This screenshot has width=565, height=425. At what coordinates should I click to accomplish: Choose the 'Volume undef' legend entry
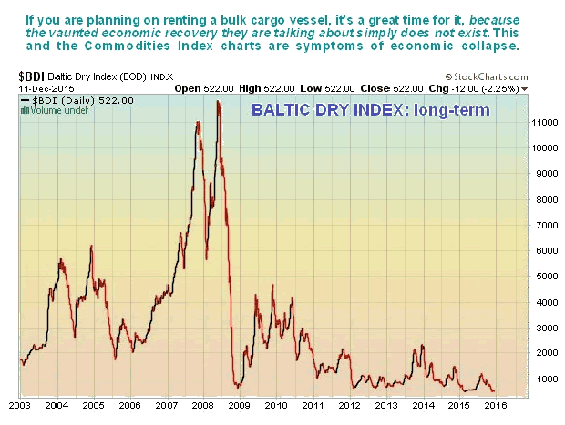pyautogui.click(x=56, y=109)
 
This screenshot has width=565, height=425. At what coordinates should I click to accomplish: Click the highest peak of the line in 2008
pyautogui.click(x=217, y=102)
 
